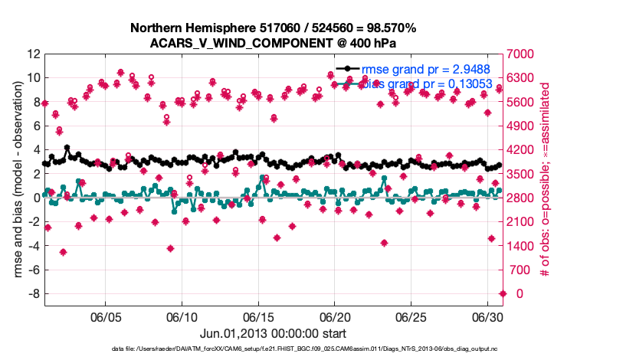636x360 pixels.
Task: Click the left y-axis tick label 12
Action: [33, 54]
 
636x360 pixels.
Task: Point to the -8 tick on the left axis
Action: [33, 294]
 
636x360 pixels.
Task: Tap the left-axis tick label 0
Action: [36, 198]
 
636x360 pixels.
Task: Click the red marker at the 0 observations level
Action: [503, 293]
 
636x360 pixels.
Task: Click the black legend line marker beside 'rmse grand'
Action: [349, 69]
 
